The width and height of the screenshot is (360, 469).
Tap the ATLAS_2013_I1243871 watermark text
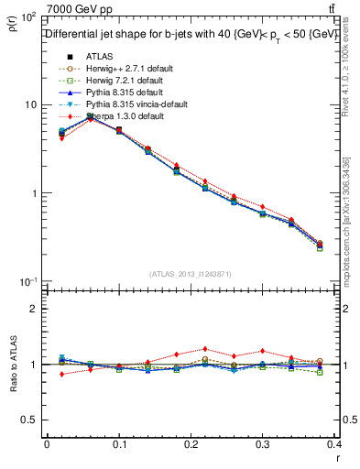point(191,275)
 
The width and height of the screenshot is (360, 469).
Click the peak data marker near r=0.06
point(90,117)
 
